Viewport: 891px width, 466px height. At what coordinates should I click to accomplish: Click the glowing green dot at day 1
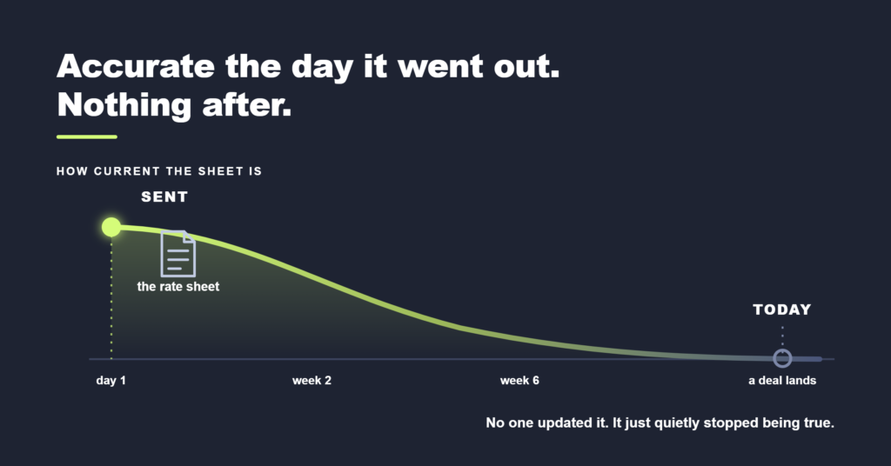pos(111,227)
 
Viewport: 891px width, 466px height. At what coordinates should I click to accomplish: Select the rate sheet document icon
pos(178,254)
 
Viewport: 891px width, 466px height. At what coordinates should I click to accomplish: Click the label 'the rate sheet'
pos(178,287)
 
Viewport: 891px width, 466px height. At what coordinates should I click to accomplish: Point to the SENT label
pos(164,197)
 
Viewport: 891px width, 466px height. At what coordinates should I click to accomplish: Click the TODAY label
pos(782,310)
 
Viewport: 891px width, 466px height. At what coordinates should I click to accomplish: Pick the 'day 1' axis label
pos(111,380)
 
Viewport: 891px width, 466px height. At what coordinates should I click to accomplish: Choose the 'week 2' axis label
pos(312,380)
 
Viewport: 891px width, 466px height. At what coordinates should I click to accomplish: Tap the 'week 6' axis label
pos(519,380)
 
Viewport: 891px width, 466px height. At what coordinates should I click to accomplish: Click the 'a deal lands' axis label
pos(782,380)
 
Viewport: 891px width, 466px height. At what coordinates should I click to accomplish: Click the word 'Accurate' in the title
pos(136,66)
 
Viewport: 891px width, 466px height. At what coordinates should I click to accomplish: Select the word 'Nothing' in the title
pos(124,105)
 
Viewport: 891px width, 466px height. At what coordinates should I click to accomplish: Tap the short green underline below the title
pos(87,136)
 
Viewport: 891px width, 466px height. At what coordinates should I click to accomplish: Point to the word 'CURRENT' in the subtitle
pos(127,171)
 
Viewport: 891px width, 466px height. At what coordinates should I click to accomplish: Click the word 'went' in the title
pos(440,67)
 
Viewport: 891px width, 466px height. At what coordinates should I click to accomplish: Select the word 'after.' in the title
pos(246,105)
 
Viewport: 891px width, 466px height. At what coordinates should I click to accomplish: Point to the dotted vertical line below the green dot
pos(111,298)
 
